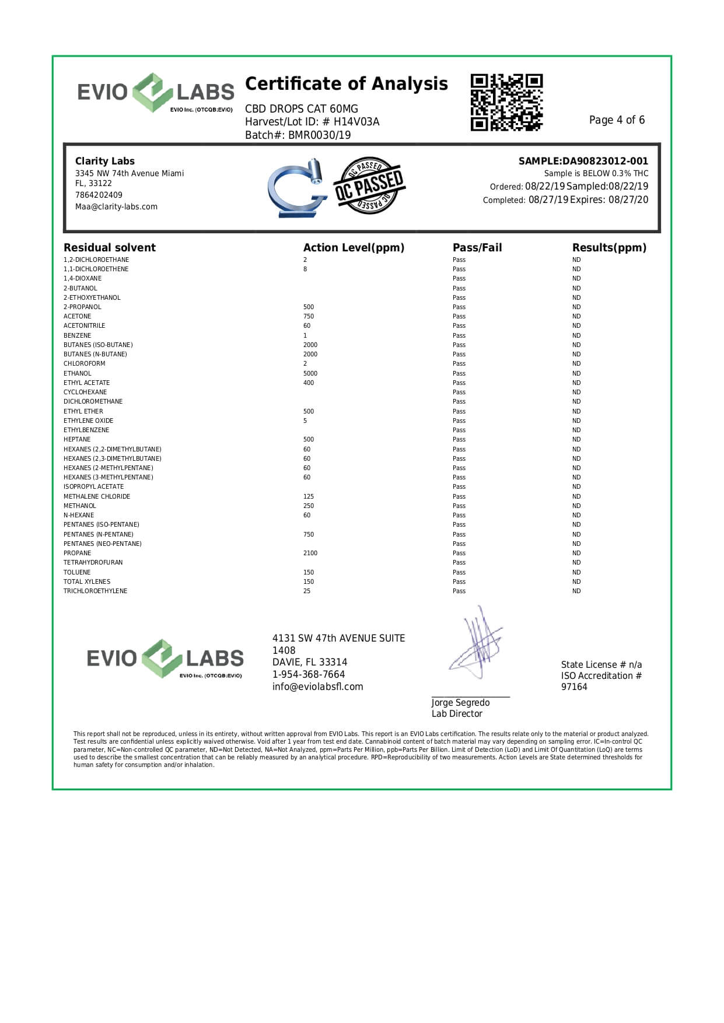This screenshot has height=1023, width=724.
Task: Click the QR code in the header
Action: [506, 102]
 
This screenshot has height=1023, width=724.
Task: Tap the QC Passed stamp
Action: [369, 185]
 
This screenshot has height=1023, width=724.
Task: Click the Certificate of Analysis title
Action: [347, 84]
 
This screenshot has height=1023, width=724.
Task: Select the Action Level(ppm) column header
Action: [354, 247]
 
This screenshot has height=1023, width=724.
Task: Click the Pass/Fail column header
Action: [477, 247]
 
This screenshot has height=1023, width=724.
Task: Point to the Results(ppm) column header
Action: [609, 247]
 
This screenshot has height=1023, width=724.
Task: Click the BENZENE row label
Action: [77, 335]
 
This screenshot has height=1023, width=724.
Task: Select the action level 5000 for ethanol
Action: [310, 373]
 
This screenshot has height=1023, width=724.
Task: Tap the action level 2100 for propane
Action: [310, 553]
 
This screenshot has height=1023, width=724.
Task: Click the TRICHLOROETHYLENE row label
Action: [95, 591]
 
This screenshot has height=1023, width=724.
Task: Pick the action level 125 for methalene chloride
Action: [308, 496]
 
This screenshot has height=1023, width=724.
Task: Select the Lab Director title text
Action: [457, 714]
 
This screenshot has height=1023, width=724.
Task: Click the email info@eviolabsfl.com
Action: [317, 686]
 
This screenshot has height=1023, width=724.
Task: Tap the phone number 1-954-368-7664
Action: [308, 674]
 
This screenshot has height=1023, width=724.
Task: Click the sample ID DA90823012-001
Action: [605, 161]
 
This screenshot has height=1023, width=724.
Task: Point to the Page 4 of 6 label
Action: [617, 120]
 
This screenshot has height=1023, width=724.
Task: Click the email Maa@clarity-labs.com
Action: [116, 206]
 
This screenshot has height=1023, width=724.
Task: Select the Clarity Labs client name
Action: [104, 161]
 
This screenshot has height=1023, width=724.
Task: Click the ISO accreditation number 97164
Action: [574, 686]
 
